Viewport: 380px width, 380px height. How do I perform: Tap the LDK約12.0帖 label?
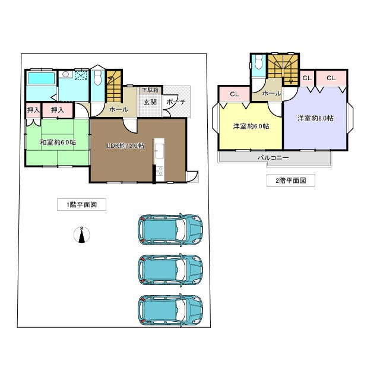[125, 146]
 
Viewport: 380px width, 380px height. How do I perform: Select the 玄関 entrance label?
[149, 102]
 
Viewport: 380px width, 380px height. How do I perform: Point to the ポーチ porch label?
[176, 102]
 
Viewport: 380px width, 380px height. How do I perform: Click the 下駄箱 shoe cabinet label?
[149, 90]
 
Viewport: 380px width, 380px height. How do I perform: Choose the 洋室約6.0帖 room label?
[251, 126]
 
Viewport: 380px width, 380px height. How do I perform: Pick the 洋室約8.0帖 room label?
[315, 118]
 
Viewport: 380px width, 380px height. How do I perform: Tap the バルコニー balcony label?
[273, 159]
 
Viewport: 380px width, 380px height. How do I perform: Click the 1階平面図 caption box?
[81, 205]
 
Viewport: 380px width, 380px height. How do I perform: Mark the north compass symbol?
[81, 235]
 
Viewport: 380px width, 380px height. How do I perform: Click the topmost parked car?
[170, 230]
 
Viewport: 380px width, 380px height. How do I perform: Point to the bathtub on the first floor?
[40, 79]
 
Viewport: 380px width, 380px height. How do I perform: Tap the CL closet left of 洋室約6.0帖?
[235, 94]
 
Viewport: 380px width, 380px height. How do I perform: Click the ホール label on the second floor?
[271, 94]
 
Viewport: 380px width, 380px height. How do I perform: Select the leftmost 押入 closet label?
[33, 110]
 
